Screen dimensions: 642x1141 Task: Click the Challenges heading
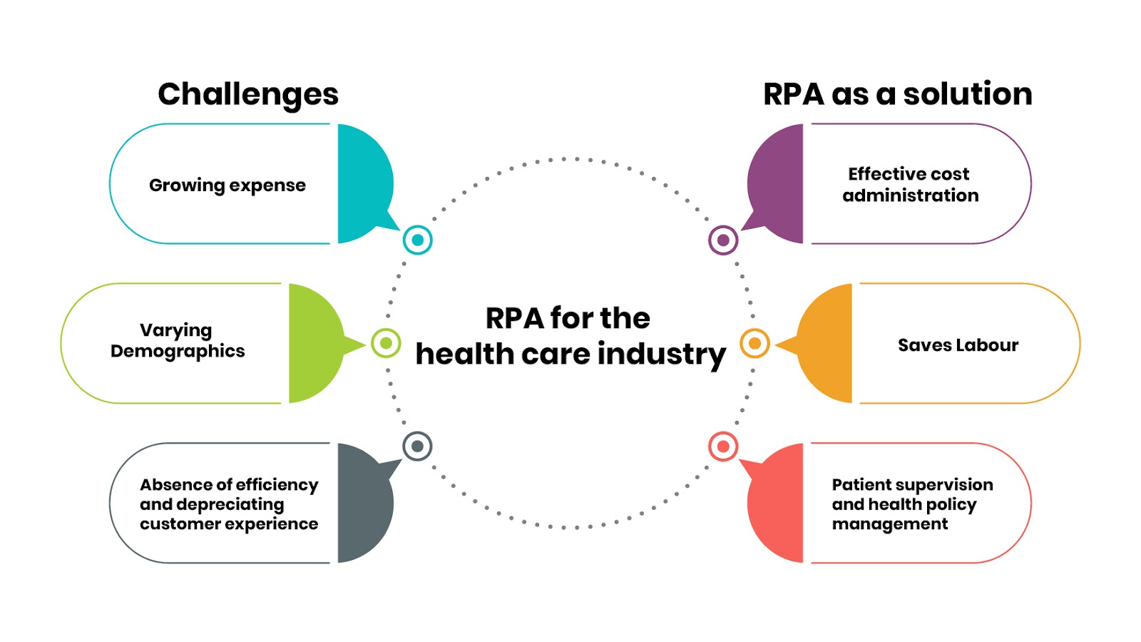pos(248,94)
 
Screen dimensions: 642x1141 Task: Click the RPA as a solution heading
pos(897,94)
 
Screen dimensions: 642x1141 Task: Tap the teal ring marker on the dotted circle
pos(417,240)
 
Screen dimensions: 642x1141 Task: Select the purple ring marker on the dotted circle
pos(723,240)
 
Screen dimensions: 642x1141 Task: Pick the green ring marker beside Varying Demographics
pos(386,343)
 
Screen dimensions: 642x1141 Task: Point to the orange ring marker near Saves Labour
pos(754,343)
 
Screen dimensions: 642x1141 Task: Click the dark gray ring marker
pos(417,447)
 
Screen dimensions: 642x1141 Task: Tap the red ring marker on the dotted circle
pos(723,447)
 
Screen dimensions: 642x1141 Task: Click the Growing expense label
pos(227,185)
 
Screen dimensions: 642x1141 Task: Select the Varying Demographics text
pos(178,340)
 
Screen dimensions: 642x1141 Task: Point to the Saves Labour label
pos(958,345)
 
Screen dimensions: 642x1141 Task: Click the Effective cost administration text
pos(910,185)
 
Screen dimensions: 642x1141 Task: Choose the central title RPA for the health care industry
pos(570,336)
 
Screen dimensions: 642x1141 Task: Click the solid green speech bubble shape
pos(314,343)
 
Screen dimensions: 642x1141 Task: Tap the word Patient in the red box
pos(858,485)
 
